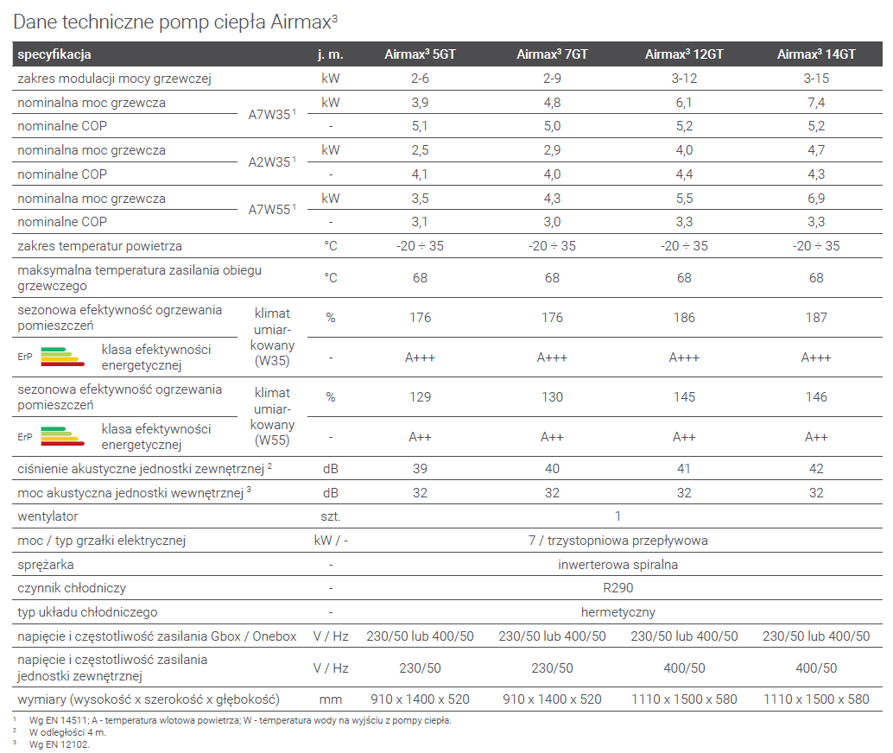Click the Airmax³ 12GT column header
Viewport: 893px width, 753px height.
click(x=684, y=54)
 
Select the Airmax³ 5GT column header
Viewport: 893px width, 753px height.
click(x=420, y=54)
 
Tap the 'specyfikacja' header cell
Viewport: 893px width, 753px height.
click(x=54, y=54)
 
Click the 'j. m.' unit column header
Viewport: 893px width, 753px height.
click(x=331, y=54)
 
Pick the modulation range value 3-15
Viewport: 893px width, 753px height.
click(x=816, y=79)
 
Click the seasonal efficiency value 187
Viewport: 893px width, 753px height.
click(x=816, y=318)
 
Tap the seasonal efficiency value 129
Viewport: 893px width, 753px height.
click(x=420, y=397)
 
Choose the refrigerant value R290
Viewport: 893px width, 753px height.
click(x=617, y=588)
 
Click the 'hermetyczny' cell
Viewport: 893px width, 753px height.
click(x=617, y=612)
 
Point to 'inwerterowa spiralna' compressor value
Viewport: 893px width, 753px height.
click(x=617, y=565)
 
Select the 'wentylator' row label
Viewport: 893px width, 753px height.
click(x=48, y=516)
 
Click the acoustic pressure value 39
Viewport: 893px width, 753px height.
click(x=420, y=469)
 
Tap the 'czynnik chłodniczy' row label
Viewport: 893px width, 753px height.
click(x=72, y=588)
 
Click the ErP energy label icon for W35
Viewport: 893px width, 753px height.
click(x=52, y=357)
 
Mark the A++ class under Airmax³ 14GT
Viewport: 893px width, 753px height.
click(x=816, y=437)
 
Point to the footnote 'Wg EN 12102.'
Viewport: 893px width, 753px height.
click(x=59, y=744)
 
